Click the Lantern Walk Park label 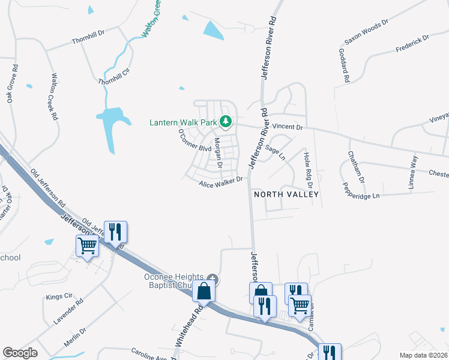[x=182, y=122]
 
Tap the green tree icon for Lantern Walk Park [x=226, y=122]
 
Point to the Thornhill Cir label [x=114, y=77]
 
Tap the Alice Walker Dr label [x=221, y=181]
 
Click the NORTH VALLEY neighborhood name [x=286, y=195]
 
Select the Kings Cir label [x=59, y=297]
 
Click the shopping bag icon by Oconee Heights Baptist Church [x=204, y=292]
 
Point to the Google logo [x=20, y=353]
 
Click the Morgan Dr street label [x=218, y=152]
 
